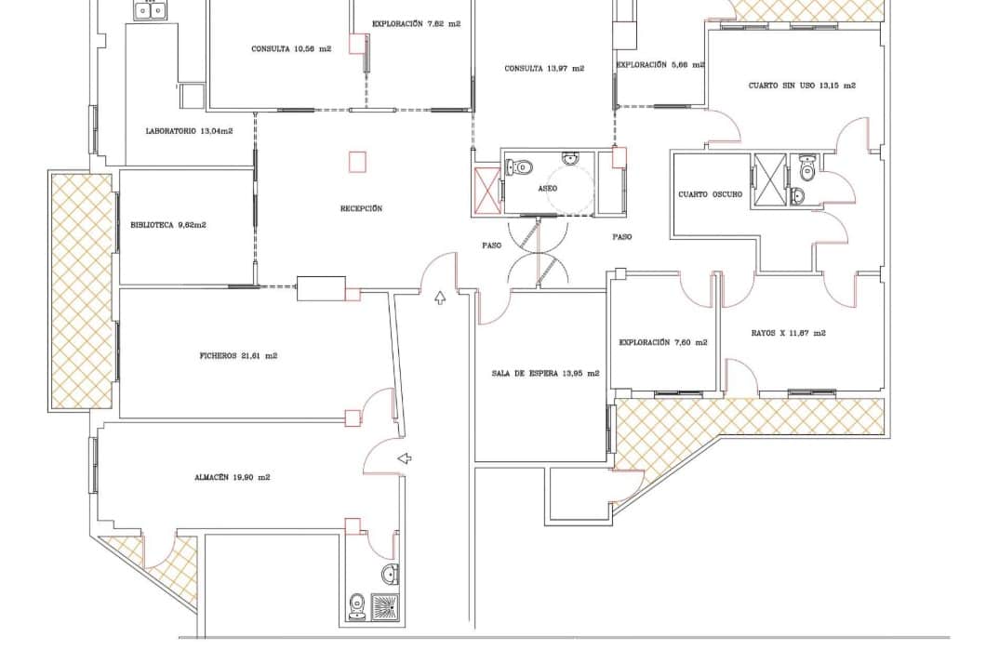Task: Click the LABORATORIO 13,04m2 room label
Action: pos(189,131)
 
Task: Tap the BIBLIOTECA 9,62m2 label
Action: pos(168,225)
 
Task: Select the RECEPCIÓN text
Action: pos(361,208)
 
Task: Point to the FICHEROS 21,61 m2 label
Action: pos(239,355)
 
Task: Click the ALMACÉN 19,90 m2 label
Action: pos(233,477)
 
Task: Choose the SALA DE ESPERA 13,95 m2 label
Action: pos(545,373)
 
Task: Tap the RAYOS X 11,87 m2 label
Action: pos(789,333)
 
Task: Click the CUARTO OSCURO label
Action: pos(711,194)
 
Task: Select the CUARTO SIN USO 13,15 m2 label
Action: pos(802,86)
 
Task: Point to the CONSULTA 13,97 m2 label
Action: pos(544,68)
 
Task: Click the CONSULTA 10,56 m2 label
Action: pos(291,49)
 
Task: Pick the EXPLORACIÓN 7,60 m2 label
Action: pos(663,342)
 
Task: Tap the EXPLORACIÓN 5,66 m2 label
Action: pos(660,65)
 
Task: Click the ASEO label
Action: pos(548,188)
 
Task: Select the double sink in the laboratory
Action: pos(149,10)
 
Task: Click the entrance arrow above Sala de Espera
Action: pos(441,298)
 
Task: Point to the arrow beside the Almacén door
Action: pos(405,458)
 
